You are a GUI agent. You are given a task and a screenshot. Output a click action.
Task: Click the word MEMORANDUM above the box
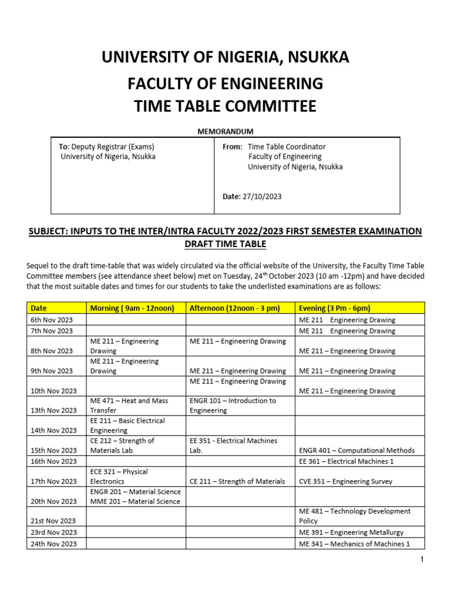[225, 131]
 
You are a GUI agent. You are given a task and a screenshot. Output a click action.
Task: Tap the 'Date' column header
[39, 308]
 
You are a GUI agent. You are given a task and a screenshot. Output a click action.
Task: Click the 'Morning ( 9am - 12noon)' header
[132, 308]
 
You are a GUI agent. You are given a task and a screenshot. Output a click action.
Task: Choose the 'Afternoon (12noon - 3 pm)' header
[235, 308]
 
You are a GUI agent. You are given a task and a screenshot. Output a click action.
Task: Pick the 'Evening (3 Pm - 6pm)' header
[335, 308]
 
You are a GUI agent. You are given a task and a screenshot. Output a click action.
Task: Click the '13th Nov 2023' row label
[53, 410]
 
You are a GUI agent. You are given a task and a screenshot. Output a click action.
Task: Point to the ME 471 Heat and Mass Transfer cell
[129, 406]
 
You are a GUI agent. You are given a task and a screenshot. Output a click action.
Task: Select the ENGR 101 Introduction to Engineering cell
[233, 406]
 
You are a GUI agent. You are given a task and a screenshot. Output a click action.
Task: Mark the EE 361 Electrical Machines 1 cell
[346, 461]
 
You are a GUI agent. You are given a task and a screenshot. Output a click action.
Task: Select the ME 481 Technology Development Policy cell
[355, 516]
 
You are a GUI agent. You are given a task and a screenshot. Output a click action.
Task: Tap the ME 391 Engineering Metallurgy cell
[351, 532]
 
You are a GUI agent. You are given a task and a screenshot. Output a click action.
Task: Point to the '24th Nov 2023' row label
[53, 544]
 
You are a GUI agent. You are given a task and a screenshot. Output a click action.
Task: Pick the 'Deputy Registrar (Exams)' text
[113, 147]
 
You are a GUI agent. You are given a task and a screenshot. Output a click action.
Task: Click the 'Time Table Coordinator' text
[287, 147]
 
